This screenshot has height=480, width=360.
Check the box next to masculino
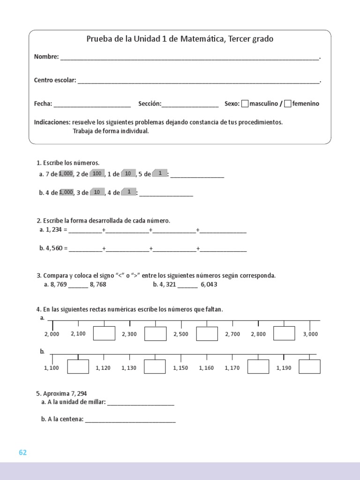tap(245, 104)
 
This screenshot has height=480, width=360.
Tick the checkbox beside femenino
tap(288, 104)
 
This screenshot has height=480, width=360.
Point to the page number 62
tap(23, 452)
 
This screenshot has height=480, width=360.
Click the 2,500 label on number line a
tap(181, 334)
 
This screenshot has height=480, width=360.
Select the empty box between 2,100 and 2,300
tap(104, 333)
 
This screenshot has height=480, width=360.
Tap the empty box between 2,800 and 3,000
tap(284, 333)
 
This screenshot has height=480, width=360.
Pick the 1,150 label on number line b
tap(180, 368)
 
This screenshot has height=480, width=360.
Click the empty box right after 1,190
tap(309, 367)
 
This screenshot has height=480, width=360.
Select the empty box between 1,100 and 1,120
tap(78, 367)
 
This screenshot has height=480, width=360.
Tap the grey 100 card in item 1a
tap(97, 174)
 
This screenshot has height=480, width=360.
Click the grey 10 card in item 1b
tap(97, 192)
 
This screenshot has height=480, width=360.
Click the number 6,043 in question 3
tap(209, 285)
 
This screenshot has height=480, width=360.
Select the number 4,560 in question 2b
tap(54, 249)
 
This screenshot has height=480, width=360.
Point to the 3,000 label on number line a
tap(310, 334)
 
